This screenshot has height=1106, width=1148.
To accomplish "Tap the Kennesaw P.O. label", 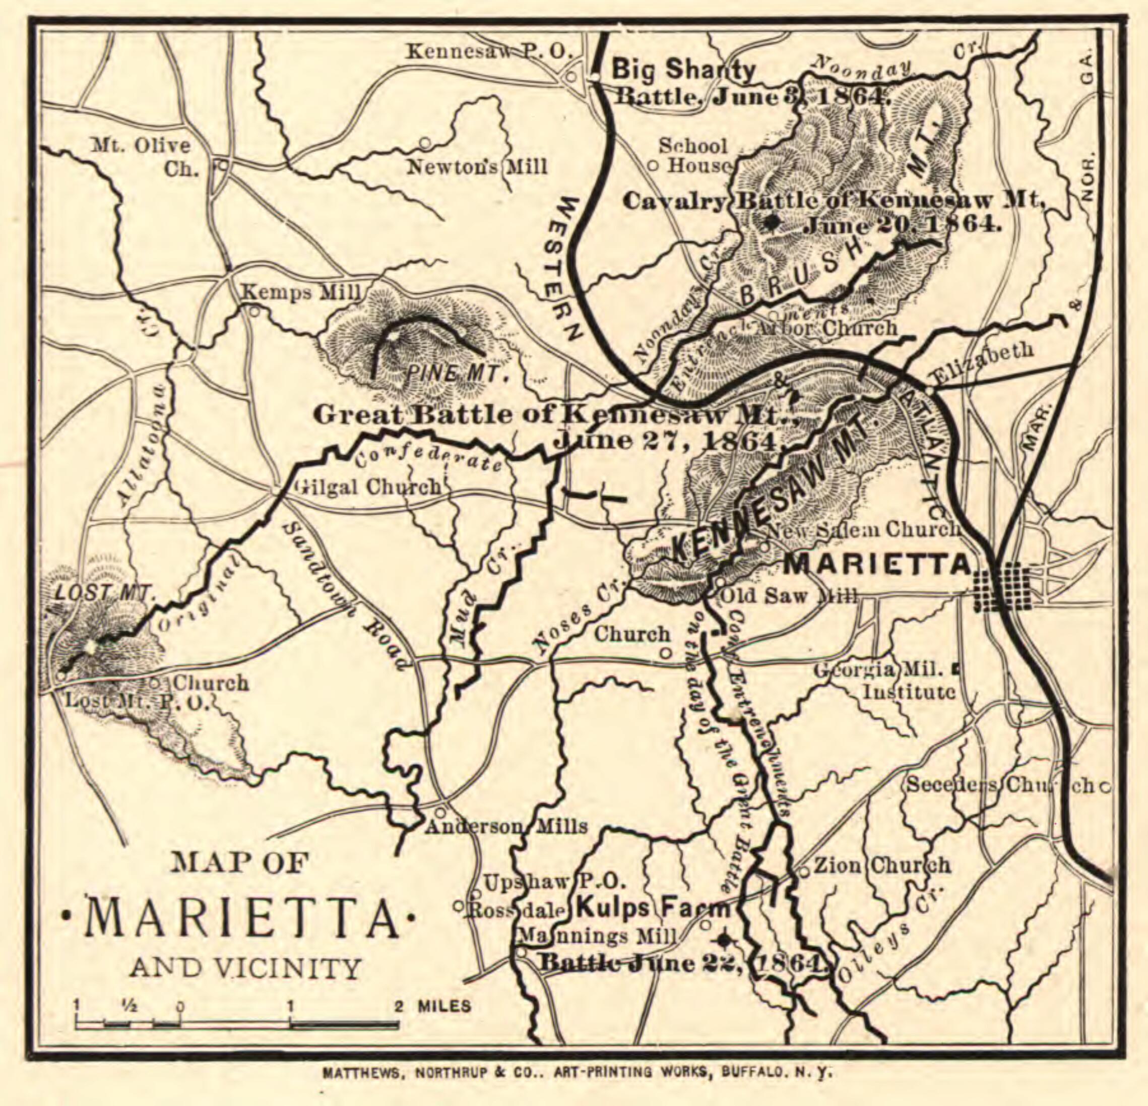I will [488, 51].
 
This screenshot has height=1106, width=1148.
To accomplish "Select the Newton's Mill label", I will [477, 167].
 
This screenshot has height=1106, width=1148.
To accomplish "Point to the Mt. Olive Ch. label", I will [141, 157].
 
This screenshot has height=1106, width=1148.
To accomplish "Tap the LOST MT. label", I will [104, 593].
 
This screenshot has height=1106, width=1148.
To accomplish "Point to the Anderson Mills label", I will [506, 826].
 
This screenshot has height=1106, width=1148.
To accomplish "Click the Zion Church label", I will [882, 865].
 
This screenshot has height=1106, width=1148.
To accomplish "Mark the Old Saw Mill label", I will [788, 596].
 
